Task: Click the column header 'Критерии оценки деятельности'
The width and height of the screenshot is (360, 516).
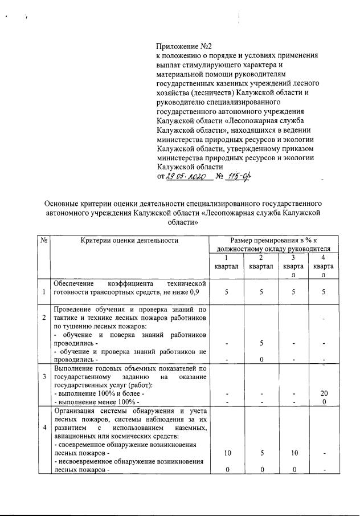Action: [x=129, y=241]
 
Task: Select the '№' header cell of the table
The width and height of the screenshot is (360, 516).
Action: [x=44, y=241]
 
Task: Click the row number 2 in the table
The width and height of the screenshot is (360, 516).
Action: [x=44, y=317]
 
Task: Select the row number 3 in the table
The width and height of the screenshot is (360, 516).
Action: [x=44, y=377]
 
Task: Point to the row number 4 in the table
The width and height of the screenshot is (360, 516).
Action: [x=44, y=427]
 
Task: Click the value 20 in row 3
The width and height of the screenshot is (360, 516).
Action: [x=324, y=393]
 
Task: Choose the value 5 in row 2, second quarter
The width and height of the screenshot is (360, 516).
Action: [x=260, y=343]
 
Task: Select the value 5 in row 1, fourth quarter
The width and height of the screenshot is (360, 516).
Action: [x=324, y=292]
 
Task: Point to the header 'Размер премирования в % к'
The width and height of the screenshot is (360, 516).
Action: [x=273, y=241]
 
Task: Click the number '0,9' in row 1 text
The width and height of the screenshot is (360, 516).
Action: [x=199, y=292]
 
